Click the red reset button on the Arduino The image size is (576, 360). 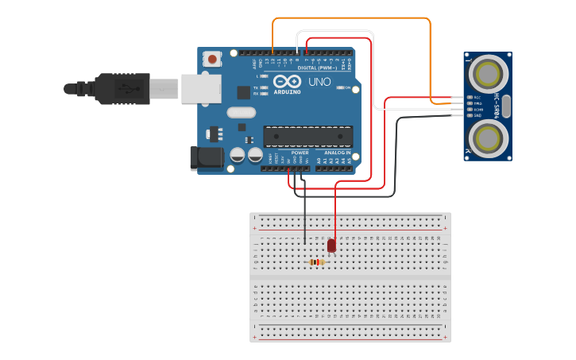(x=212, y=60)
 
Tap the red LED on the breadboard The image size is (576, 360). (x=331, y=246)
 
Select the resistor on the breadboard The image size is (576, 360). (x=316, y=262)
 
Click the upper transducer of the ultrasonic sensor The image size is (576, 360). (x=486, y=75)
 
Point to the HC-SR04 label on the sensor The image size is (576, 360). (x=497, y=106)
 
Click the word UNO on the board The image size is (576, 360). (x=319, y=82)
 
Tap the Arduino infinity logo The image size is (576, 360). (x=287, y=81)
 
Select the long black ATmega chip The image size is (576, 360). (x=307, y=136)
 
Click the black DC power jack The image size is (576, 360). (x=207, y=157)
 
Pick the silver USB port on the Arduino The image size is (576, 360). (x=201, y=88)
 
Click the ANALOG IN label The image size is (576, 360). (x=337, y=153)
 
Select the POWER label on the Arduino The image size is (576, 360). (x=300, y=153)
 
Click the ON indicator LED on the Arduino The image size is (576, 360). (x=339, y=87)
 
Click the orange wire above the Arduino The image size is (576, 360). (x=350, y=17)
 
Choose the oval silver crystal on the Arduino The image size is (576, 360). (x=241, y=112)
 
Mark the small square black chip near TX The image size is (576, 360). (x=244, y=91)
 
